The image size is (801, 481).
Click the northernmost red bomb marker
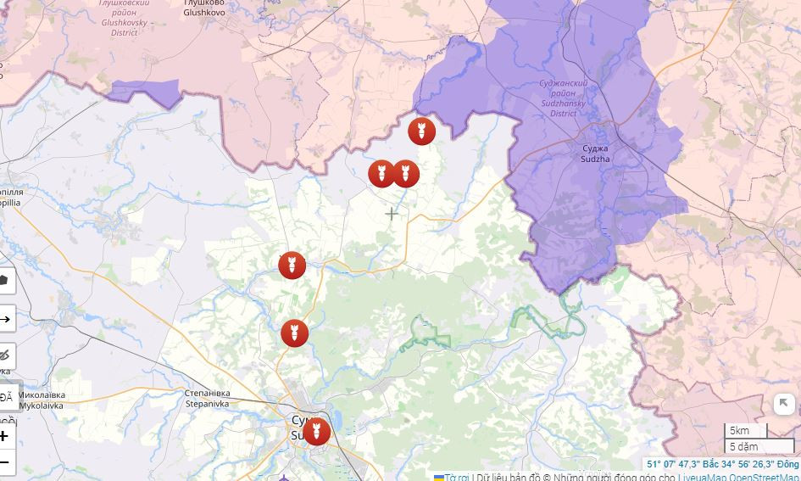pyautogui.click(x=421, y=131)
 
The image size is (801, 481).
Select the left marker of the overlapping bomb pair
pyautogui.click(x=381, y=174)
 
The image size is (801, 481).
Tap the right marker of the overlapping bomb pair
pyautogui.click(x=406, y=174)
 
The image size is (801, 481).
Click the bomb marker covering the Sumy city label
pyautogui.click(x=316, y=431)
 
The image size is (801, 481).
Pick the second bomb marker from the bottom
pyautogui.click(x=294, y=333)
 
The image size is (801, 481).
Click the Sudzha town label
pyautogui.click(x=595, y=154)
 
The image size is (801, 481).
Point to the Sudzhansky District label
pyautogui.click(x=564, y=98)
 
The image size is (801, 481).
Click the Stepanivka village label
pyautogui.click(x=208, y=399)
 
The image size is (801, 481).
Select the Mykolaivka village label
pyautogui.click(x=42, y=400)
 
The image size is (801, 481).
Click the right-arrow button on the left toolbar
pyautogui.click(x=5, y=320)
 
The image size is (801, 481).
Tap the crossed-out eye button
pyautogui.click(x=5, y=355)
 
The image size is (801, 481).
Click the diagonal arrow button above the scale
pyautogui.click(x=783, y=404)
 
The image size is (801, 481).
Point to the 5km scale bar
pyautogui.click(x=744, y=431)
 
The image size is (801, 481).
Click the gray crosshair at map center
pyautogui.click(x=392, y=214)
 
